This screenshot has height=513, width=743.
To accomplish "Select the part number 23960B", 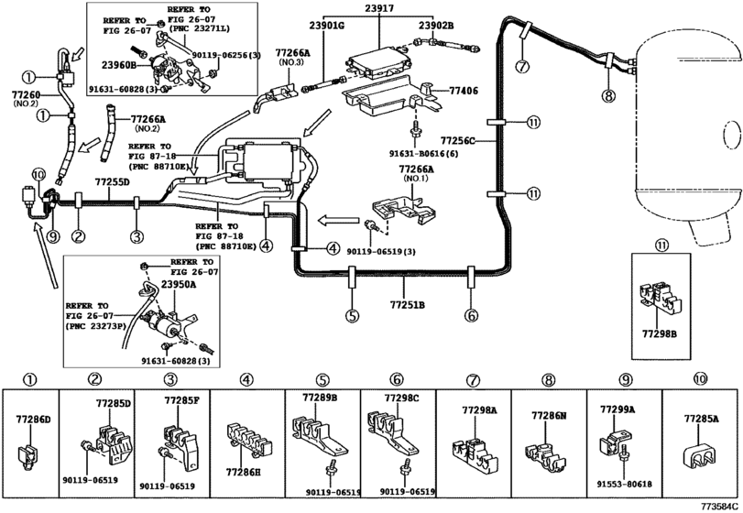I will (x=119, y=65).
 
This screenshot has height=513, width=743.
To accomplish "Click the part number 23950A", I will (x=180, y=285).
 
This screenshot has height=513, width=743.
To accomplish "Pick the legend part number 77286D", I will (x=33, y=419).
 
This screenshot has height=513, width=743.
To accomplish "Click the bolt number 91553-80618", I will (x=627, y=486).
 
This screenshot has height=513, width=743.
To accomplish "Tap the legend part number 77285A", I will (x=702, y=419).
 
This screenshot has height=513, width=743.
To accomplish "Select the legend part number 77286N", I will (x=550, y=415).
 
